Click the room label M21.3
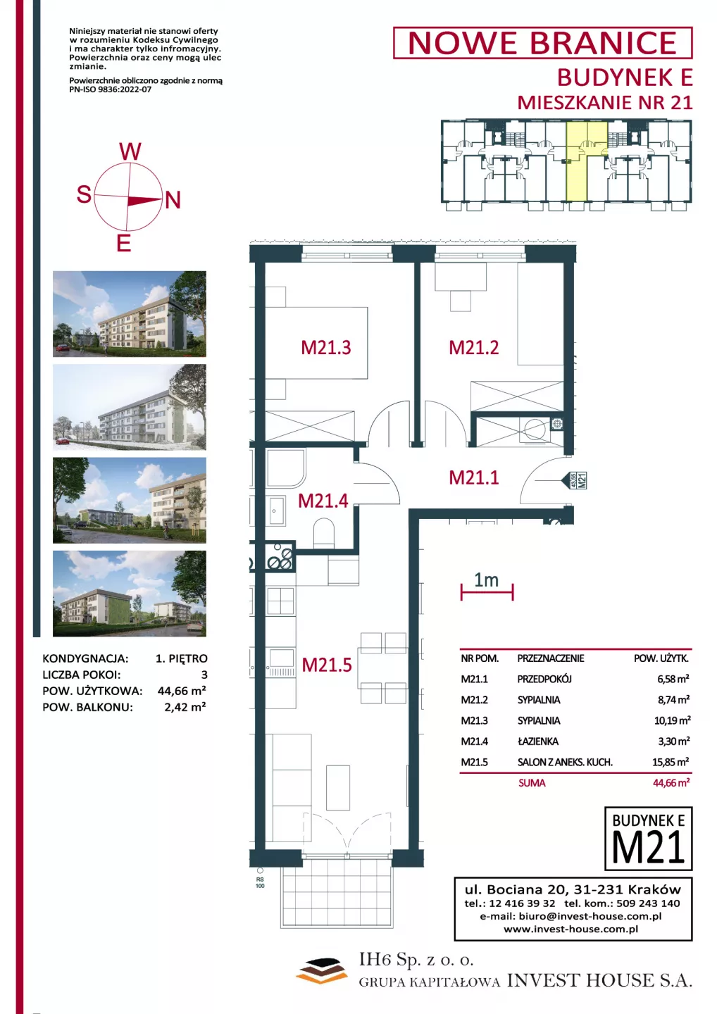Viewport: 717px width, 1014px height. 326,348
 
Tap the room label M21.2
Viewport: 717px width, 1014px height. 473,348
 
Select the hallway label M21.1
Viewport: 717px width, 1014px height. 473,477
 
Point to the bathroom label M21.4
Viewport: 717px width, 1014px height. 323,501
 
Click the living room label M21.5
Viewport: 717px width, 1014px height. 326,665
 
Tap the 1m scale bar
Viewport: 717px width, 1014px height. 487,591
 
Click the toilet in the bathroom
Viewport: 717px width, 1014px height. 324,533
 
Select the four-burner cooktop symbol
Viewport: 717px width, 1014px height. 280,556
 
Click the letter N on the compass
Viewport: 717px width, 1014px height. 173,200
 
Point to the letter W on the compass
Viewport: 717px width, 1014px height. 130,151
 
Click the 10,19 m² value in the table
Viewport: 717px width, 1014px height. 672,720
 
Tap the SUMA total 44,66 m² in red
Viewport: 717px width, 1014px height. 671,783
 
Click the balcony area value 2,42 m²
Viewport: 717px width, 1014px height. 185,707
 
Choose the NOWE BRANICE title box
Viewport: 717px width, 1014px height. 542,43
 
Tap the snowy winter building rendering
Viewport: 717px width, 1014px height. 130,407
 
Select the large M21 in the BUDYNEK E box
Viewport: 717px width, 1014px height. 648,847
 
